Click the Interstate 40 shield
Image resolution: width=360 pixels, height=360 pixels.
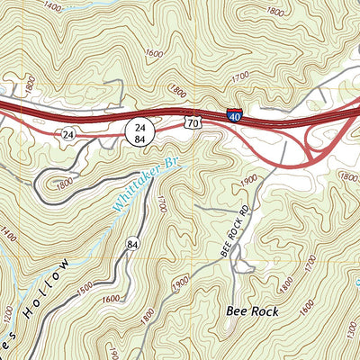[234, 115]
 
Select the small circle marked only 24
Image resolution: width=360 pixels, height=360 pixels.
[67, 133]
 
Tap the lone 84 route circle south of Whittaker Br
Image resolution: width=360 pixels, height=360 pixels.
[133, 244]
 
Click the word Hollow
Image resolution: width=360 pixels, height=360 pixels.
[50, 287]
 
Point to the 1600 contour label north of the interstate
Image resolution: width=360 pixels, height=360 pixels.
[153, 55]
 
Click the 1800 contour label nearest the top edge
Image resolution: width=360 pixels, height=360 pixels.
[274, 11]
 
